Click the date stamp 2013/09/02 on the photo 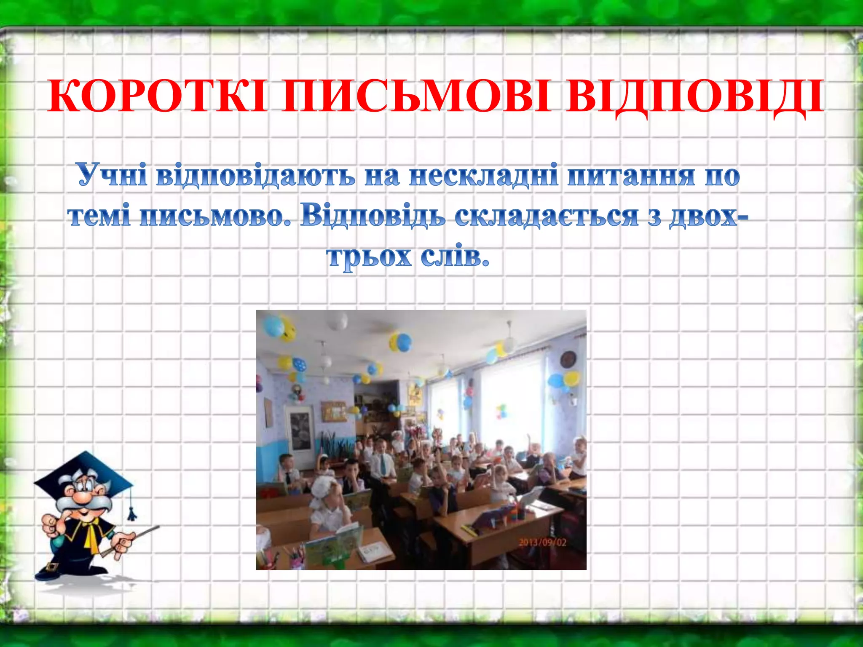tap(542, 542)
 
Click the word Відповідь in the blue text tap(373, 217)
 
